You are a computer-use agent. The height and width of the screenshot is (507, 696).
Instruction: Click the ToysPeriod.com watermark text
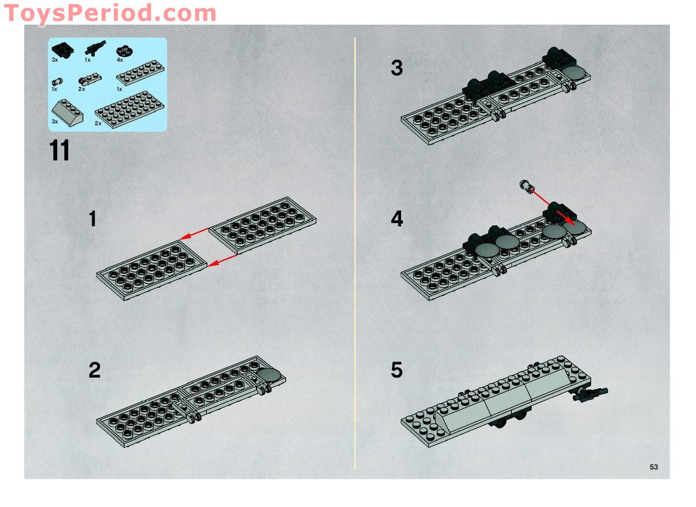[109, 13]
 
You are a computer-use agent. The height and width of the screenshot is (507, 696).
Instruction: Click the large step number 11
[60, 151]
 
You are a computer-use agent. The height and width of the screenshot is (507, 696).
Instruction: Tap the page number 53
[654, 467]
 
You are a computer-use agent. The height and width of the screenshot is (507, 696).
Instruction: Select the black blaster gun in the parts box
[95, 49]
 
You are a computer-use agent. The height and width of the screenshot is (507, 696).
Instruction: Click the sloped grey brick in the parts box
[67, 112]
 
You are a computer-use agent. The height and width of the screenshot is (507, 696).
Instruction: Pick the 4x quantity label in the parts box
[119, 60]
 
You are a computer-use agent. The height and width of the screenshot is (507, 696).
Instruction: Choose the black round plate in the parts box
[125, 51]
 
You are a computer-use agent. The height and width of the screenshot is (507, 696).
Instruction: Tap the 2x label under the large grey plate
[98, 124]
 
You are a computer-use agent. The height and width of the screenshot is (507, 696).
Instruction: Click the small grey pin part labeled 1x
[57, 82]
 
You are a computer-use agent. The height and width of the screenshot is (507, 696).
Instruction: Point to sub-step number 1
[93, 219]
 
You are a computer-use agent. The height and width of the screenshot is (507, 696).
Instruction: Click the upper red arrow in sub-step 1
[195, 234]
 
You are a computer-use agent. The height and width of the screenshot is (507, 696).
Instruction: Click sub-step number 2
[94, 370]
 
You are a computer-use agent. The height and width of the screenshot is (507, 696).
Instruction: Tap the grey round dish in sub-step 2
[270, 375]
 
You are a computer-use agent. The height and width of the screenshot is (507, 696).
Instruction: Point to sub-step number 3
[396, 68]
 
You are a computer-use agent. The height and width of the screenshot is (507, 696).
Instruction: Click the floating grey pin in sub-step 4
[528, 187]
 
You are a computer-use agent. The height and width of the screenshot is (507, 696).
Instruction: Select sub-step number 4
[396, 219]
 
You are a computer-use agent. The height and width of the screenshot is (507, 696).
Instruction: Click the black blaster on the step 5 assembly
[590, 394]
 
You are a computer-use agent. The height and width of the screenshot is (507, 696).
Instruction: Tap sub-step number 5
[396, 370]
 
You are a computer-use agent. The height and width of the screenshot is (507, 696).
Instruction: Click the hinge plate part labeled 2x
[88, 80]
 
